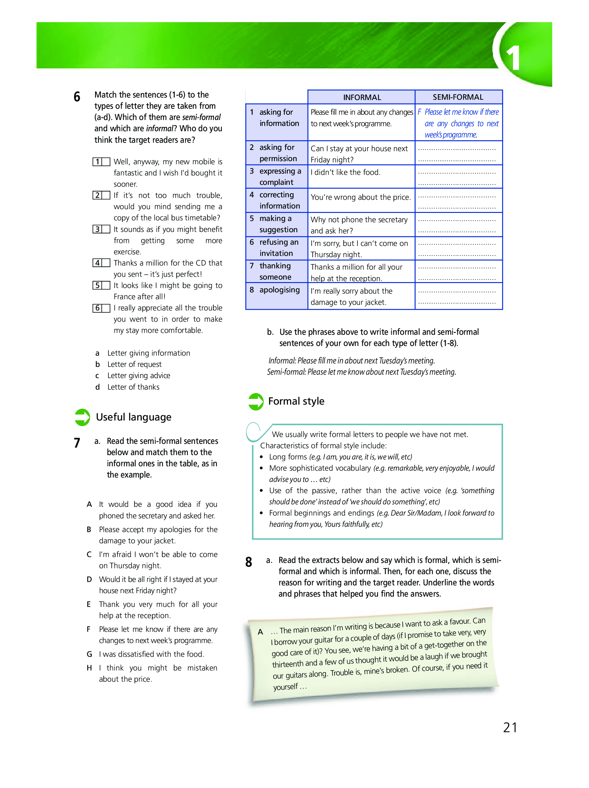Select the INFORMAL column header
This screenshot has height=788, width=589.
362,97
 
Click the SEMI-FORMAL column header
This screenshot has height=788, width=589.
457,97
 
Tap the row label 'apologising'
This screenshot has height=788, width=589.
279,290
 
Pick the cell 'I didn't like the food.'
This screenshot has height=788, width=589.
345,172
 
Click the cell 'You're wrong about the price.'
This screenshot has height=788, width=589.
360,197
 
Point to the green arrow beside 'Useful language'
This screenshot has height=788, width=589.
82,417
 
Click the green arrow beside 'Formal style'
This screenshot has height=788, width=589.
256,402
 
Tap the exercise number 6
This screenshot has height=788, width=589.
77,97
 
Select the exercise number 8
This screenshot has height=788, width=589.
249,562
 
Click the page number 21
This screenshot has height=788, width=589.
510,728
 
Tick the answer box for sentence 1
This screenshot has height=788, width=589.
106,162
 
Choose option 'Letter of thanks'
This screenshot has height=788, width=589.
133,387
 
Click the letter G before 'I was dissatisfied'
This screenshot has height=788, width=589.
89,654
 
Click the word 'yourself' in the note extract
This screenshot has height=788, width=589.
285,687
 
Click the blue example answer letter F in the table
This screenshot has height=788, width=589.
419,112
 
